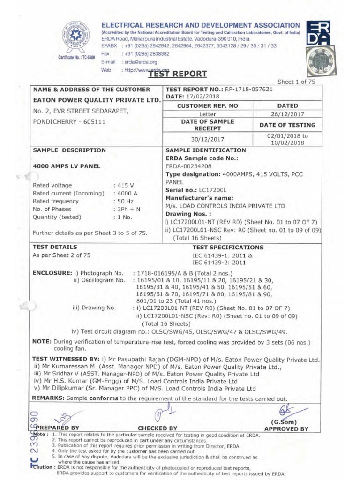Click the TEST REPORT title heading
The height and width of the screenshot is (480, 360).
coord(171,74)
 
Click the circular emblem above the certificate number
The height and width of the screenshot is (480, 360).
coord(74,37)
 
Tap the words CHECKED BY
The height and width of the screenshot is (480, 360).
coord(157,428)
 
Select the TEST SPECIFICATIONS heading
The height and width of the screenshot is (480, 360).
coord(228,247)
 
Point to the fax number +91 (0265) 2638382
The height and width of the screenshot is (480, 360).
coord(146,54)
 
